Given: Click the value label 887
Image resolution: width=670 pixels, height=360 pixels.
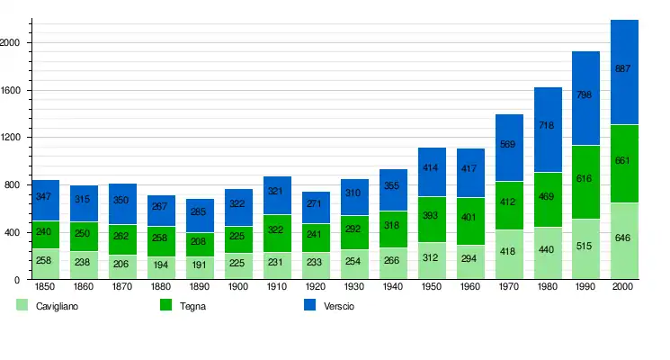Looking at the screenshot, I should (623, 68).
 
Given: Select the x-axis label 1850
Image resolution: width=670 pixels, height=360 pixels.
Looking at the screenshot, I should (44, 286).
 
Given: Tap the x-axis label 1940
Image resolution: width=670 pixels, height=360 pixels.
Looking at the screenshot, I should (392, 286).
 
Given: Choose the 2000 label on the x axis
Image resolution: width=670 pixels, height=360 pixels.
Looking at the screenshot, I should (623, 286).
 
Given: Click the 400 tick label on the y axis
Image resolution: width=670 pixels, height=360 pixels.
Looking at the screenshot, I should (13, 233).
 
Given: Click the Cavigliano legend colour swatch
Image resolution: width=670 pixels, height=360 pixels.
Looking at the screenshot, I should (22, 306).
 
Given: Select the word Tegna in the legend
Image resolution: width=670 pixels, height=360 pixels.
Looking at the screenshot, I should (192, 307).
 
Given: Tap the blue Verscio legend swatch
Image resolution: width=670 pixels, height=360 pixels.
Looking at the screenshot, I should (310, 306).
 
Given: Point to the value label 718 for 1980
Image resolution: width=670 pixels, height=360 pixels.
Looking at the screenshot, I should (547, 125).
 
